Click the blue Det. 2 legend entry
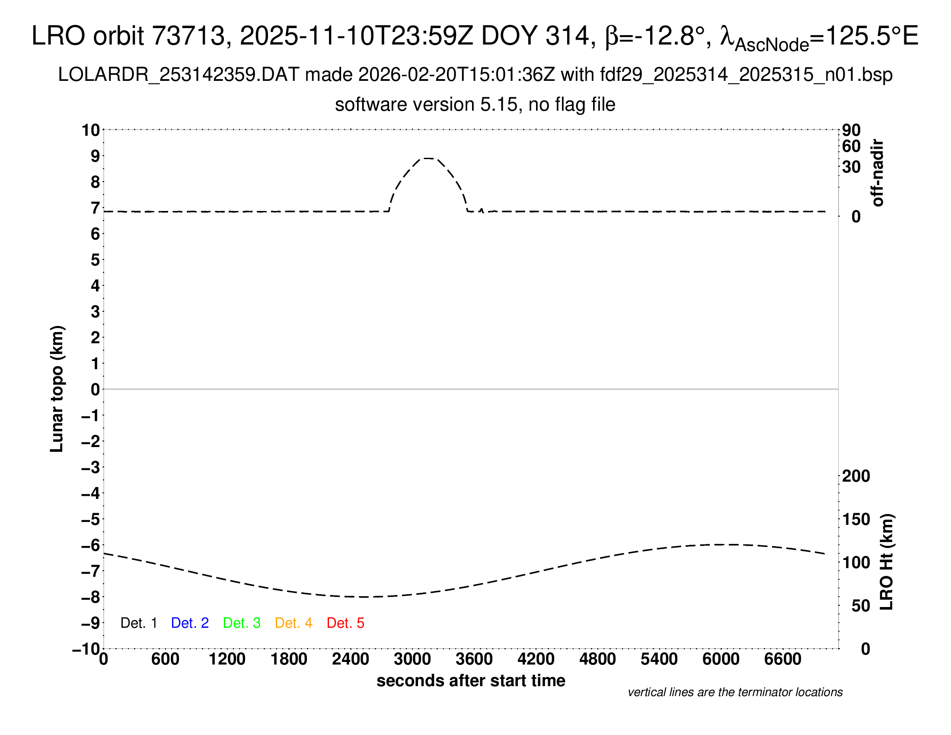click(x=190, y=623)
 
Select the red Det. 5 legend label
click(x=345, y=623)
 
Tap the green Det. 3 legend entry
click(x=242, y=623)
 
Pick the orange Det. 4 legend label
click(x=294, y=623)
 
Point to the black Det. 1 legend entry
click(x=138, y=623)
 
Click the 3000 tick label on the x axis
click(x=412, y=659)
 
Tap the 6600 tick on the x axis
click(x=782, y=659)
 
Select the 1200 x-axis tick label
click(x=227, y=659)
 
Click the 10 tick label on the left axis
click(x=91, y=130)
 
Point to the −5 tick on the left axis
click(x=91, y=519)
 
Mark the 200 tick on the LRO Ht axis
click(x=856, y=476)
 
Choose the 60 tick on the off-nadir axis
click(x=851, y=146)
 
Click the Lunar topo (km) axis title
click(x=57, y=389)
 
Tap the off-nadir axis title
click(x=878, y=173)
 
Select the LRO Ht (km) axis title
click(x=887, y=562)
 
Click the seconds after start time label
click(x=471, y=681)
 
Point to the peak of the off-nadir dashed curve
click(x=428, y=159)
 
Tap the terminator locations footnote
click(x=735, y=692)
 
